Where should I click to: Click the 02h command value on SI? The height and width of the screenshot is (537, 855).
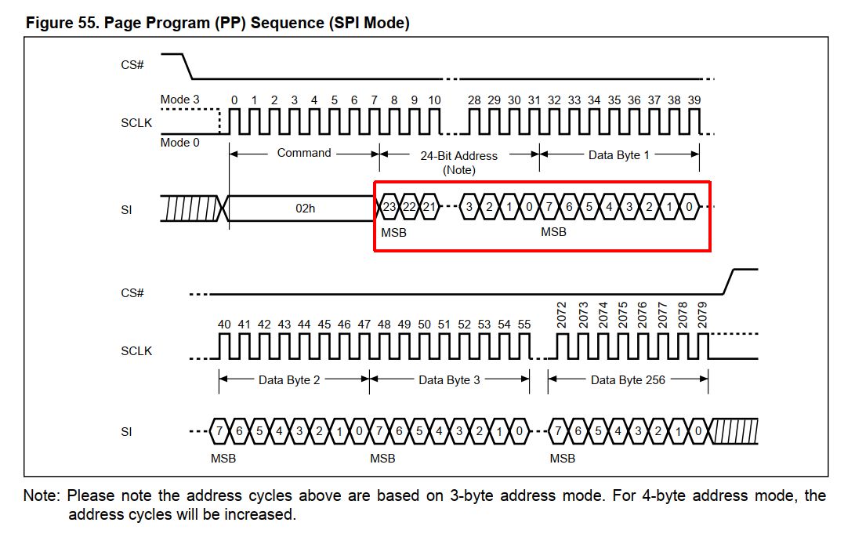point(305,209)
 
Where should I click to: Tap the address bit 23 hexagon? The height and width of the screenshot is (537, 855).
point(389,207)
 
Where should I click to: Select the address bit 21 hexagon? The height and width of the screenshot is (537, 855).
point(429,207)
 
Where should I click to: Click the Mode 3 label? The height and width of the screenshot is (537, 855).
point(179,100)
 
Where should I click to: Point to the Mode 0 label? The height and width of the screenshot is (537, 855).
point(179,143)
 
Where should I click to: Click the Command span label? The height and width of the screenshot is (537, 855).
point(304,153)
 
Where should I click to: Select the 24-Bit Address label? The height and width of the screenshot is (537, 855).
point(458,155)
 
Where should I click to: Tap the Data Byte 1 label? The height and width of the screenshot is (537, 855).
point(619,155)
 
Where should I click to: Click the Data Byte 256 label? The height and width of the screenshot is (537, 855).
point(628,380)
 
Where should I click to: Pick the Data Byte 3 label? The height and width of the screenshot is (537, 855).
point(449,380)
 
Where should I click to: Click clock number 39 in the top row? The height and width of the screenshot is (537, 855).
point(694,100)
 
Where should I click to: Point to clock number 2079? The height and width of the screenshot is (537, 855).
point(702,315)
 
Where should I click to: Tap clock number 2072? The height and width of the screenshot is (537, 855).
point(562,315)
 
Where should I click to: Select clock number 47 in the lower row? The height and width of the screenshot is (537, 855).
point(364,325)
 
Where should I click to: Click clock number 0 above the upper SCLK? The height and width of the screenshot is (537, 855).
point(234,100)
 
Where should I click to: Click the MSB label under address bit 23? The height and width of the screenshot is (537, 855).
point(393,233)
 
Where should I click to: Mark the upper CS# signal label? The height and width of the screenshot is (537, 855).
point(132,65)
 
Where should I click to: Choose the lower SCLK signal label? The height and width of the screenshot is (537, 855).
point(136,351)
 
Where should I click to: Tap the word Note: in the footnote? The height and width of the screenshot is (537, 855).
point(41,495)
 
